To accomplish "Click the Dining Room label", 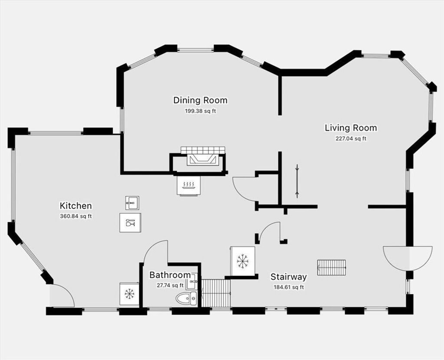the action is click(x=200, y=100).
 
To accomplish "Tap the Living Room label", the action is click(x=351, y=128).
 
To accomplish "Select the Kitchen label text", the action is click(x=75, y=205).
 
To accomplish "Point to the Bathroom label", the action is click(x=170, y=275).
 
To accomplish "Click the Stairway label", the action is click(x=288, y=276).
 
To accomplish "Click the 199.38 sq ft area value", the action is click(x=200, y=111).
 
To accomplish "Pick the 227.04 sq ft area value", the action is click(x=351, y=139).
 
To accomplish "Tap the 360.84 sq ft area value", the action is click(x=75, y=217).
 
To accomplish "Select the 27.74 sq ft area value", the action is click(x=170, y=285).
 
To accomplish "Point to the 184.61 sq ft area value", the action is click(x=288, y=287).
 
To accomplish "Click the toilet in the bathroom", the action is click(x=186, y=298).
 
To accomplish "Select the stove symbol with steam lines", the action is click(x=189, y=185).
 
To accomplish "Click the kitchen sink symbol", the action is click(x=132, y=203).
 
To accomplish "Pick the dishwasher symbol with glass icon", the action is click(x=130, y=223).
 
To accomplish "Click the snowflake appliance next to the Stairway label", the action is click(x=242, y=261).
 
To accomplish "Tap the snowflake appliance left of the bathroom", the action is click(x=129, y=293).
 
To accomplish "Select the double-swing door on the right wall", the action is click(x=408, y=258).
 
